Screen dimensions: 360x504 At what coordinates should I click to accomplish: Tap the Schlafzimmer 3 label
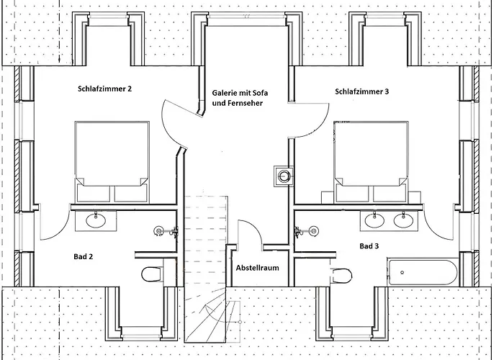pyautogui.click(x=362, y=91)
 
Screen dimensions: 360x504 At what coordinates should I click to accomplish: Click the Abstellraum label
pyautogui.click(x=257, y=268)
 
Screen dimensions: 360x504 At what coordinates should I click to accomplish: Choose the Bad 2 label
pyautogui.click(x=84, y=256)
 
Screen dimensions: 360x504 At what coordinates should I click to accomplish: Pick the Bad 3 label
pyautogui.click(x=369, y=246)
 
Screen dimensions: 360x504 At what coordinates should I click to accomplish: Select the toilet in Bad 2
pyautogui.click(x=152, y=274)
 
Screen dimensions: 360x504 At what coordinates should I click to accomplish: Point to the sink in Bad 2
pyautogui.click(x=95, y=219)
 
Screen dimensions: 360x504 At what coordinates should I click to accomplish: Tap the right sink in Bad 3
pyautogui.click(x=404, y=220)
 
